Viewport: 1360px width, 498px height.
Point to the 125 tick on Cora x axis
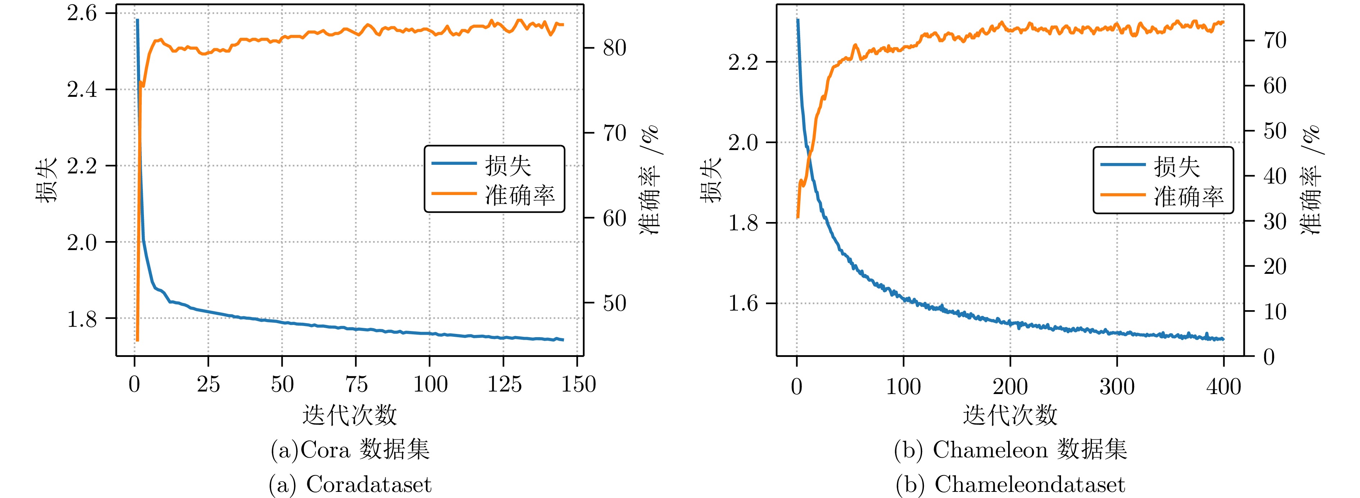point(504,384)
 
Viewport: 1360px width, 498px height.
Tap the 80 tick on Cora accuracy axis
point(615,48)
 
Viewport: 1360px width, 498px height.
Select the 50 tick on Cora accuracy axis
point(615,303)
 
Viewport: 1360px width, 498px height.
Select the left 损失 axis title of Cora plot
point(46,180)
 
